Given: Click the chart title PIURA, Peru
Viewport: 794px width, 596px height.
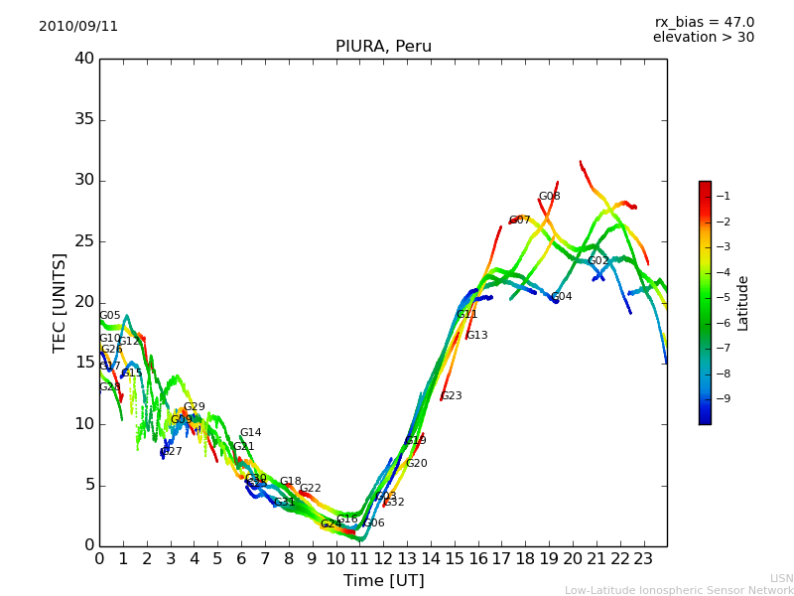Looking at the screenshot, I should click(383, 47).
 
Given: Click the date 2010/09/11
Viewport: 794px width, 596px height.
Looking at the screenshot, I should click(78, 27).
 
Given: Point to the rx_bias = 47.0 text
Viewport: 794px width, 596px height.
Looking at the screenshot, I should click(704, 23).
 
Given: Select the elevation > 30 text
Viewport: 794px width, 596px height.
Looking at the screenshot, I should click(703, 38).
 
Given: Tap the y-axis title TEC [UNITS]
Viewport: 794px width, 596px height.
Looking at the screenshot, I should click(60, 302).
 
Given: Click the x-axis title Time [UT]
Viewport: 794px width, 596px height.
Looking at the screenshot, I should click(383, 580).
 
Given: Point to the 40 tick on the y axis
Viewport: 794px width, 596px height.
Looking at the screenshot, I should click(84, 59).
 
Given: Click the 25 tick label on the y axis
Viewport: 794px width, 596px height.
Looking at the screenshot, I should click(84, 241).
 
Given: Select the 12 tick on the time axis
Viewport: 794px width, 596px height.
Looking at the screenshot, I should click(383, 559).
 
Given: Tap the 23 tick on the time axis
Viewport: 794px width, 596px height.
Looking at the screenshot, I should click(643, 559).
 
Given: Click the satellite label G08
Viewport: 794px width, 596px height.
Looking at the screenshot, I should click(549, 197).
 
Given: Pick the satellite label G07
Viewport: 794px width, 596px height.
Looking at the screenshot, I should click(519, 221).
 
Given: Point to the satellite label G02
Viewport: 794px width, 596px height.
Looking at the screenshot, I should click(597, 261).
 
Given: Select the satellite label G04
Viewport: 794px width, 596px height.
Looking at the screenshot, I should click(561, 297).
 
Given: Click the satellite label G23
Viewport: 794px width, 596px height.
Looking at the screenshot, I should click(451, 396).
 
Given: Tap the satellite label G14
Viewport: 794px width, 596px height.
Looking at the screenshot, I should click(250, 433).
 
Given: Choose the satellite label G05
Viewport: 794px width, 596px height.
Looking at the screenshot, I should click(109, 316).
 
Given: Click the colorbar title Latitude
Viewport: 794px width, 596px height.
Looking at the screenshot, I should click(742, 303).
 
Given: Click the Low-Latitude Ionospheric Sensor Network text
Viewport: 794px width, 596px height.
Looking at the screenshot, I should click(679, 591).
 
